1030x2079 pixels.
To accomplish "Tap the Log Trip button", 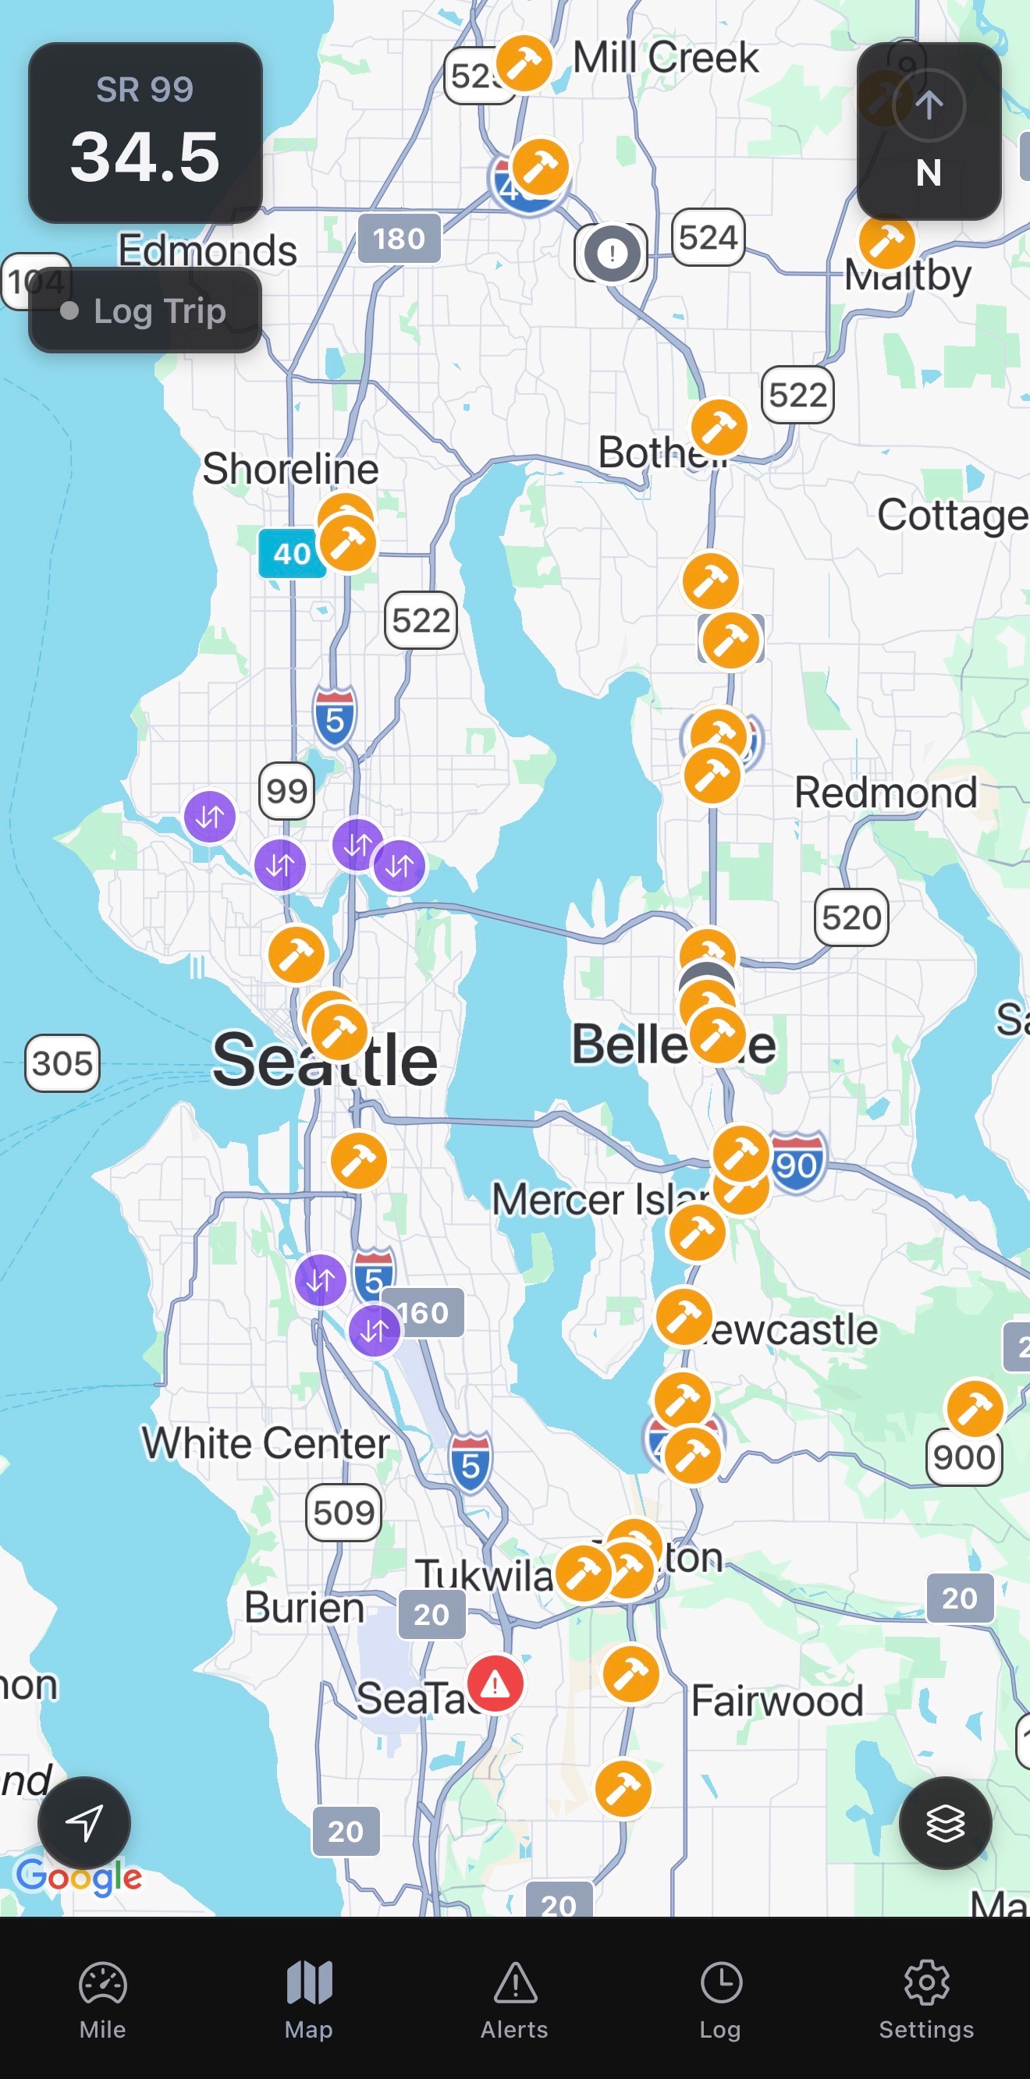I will [x=145, y=310].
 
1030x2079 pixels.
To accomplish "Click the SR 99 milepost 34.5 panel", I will [x=145, y=133].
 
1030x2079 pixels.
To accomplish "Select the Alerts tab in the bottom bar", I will [x=514, y=2000].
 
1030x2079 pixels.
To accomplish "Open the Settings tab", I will [x=926, y=2000].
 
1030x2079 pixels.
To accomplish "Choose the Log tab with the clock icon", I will [x=720, y=2000].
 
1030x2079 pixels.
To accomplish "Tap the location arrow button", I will [x=84, y=1822].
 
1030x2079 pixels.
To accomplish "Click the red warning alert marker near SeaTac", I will [x=495, y=1683].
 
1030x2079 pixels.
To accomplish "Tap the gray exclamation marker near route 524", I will [x=612, y=254].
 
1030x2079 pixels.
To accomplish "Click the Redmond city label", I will [x=886, y=793].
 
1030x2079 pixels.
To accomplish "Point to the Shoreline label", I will [x=289, y=469].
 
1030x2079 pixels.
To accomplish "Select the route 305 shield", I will [x=62, y=1063].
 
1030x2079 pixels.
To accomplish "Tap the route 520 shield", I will [x=851, y=917].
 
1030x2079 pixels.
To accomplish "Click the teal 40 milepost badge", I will [x=291, y=554].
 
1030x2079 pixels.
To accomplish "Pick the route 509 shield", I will [x=344, y=1513].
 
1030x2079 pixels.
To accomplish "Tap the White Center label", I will [x=265, y=1443].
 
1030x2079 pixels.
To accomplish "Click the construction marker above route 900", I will [x=975, y=1409].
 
